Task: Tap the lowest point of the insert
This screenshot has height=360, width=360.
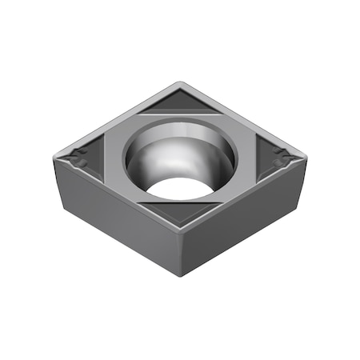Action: tap(183, 277)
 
